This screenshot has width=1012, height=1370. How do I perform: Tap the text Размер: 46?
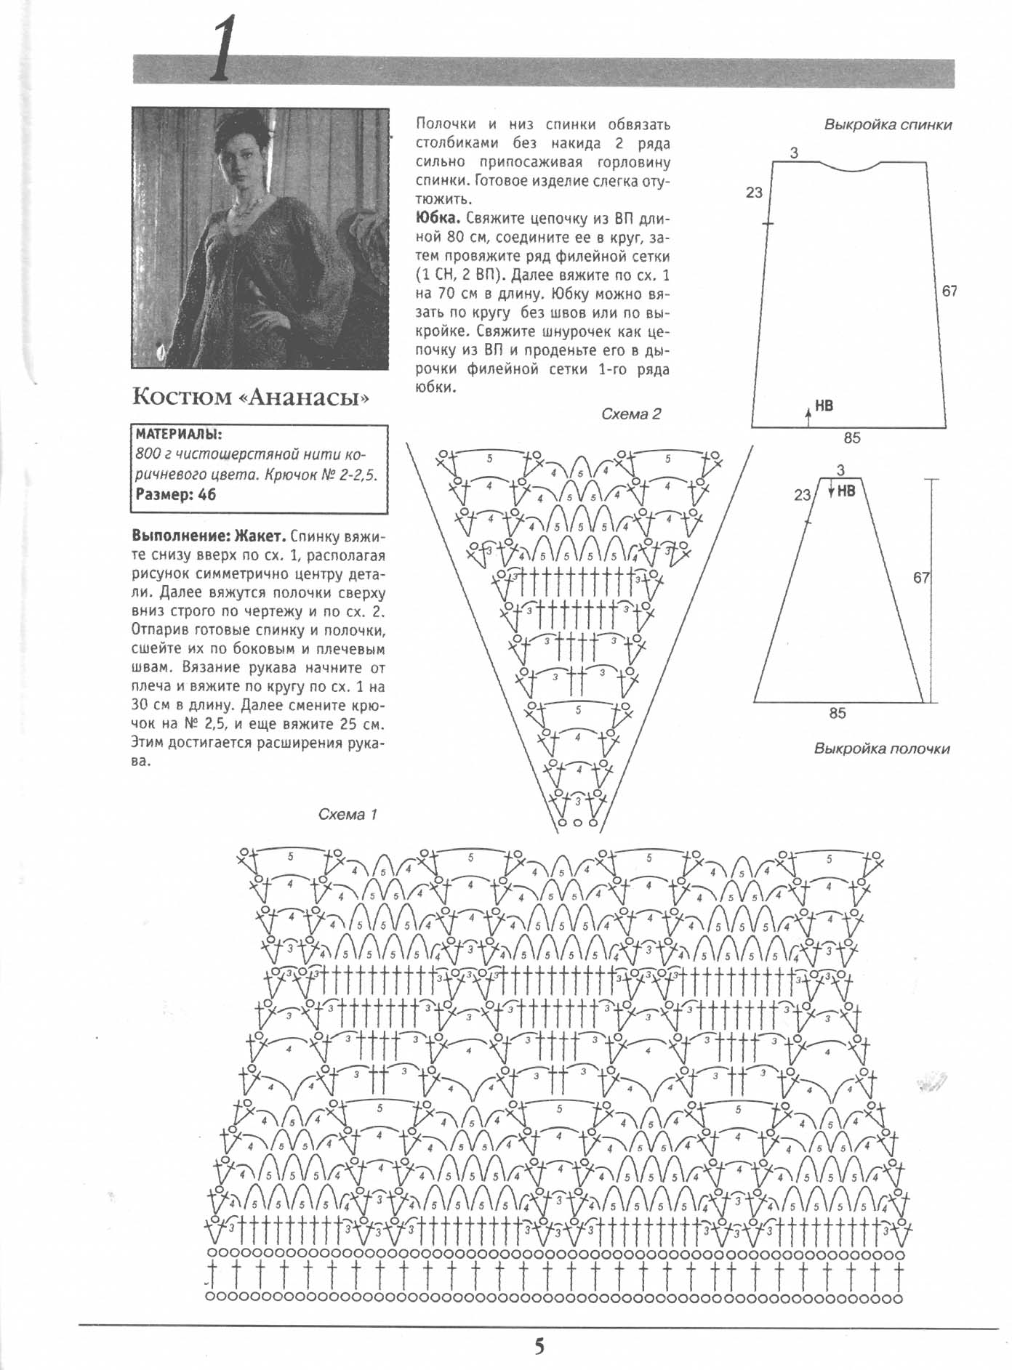click(x=176, y=495)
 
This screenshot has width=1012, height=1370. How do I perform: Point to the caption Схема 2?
click(x=631, y=414)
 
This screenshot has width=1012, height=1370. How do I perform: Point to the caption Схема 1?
click(x=348, y=815)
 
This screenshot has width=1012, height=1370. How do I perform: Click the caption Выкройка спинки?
click(x=888, y=124)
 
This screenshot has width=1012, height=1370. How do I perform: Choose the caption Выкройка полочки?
click(x=881, y=749)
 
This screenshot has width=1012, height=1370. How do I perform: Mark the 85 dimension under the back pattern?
click(x=852, y=438)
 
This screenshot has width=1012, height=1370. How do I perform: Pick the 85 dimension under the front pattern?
click(x=838, y=713)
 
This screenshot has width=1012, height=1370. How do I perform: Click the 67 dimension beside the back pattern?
click(x=949, y=291)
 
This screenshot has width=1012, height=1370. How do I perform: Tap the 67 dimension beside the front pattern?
click(x=921, y=578)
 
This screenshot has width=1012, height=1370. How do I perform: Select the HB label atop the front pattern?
click(x=846, y=491)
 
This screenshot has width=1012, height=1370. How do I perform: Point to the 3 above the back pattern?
click(x=794, y=153)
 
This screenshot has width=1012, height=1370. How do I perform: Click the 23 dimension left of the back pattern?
click(x=754, y=193)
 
